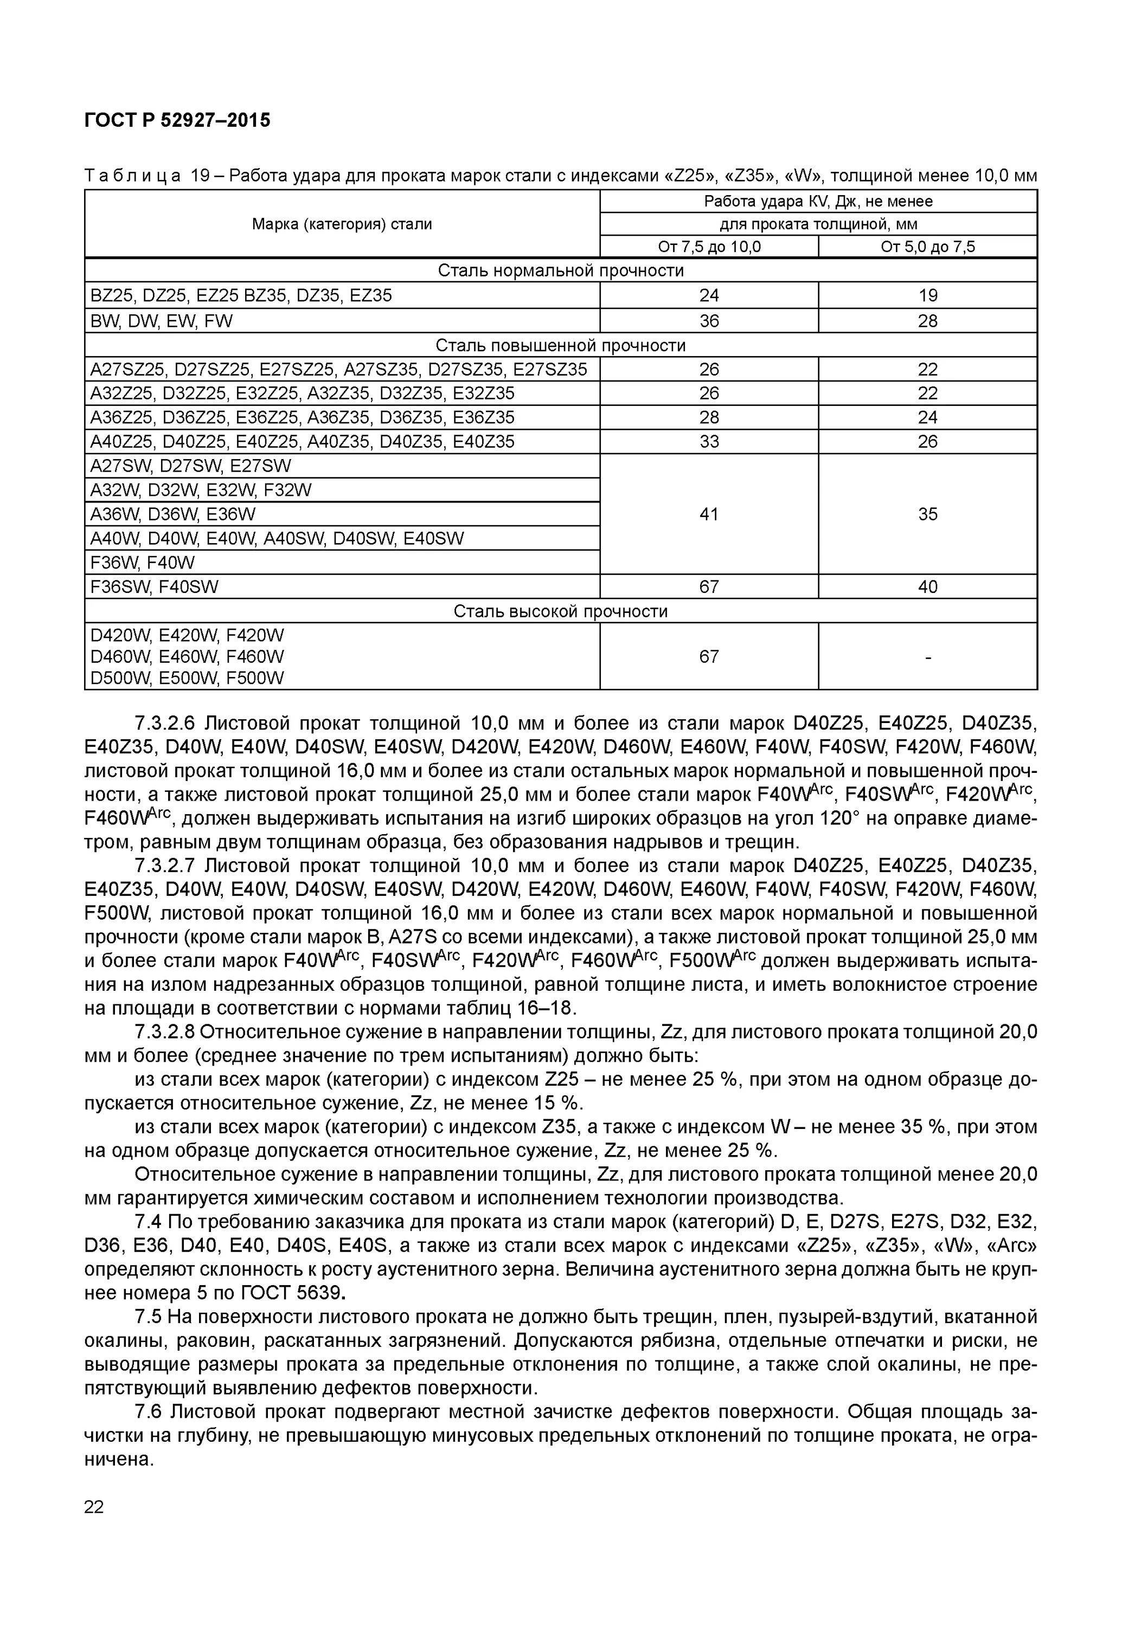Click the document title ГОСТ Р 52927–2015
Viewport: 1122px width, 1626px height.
pos(177,120)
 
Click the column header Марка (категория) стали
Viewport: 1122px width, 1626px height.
pos(342,224)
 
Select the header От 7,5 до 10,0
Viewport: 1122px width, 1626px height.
pos(709,247)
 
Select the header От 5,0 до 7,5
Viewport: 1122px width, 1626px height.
pos(927,247)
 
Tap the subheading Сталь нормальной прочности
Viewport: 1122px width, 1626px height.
pos(560,270)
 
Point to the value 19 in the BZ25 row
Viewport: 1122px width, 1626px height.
pos(927,295)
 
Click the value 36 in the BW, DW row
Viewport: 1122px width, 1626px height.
pos(709,321)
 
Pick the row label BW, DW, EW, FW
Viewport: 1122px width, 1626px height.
pos(161,321)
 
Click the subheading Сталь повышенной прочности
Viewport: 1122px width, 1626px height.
pos(560,345)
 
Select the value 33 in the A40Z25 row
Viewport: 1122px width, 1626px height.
pos(709,441)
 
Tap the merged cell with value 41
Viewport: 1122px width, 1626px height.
pos(709,514)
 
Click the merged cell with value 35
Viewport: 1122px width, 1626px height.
pos(927,514)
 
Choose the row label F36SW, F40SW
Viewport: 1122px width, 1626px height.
pos(154,587)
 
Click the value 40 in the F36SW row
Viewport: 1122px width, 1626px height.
pos(927,587)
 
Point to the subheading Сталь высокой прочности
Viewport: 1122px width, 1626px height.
pos(560,611)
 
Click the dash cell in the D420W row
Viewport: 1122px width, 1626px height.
pos(927,657)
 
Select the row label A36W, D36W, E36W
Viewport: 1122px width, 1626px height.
pos(173,514)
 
